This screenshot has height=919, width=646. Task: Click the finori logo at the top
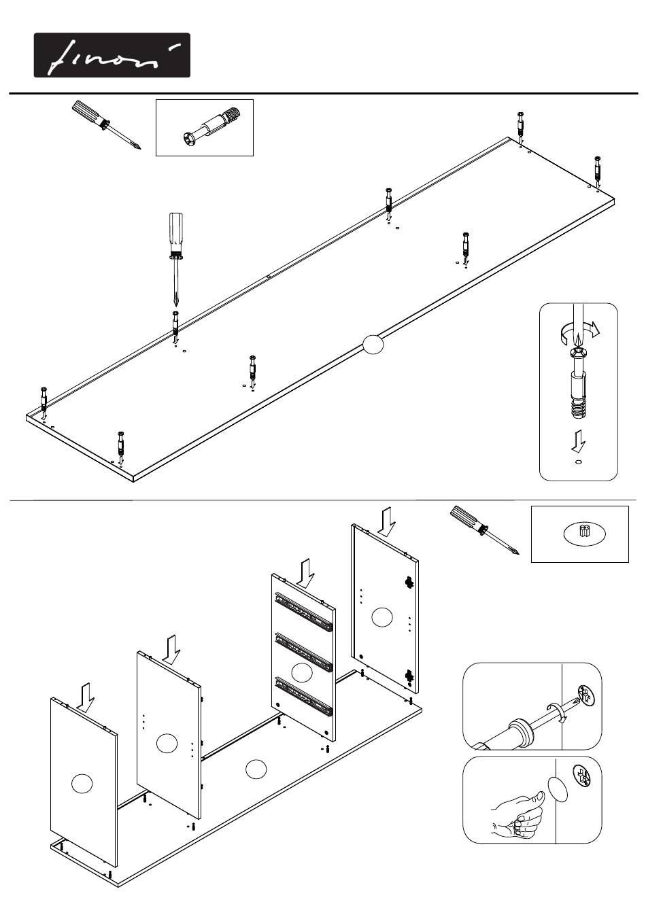pyautogui.click(x=112, y=55)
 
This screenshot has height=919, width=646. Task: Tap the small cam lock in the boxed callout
pyautogui.click(x=582, y=533)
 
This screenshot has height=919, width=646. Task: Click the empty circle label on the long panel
pyautogui.click(x=373, y=345)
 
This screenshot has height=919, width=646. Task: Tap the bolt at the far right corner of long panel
pyautogui.click(x=597, y=170)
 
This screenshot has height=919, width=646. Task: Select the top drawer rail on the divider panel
pyautogui.click(x=305, y=610)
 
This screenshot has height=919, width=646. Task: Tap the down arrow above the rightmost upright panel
pyautogui.click(x=386, y=521)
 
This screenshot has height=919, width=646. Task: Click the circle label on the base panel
pyautogui.click(x=255, y=769)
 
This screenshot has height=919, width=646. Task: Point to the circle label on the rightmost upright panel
pyautogui.click(x=382, y=617)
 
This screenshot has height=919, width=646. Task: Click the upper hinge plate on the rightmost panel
pyautogui.click(x=409, y=582)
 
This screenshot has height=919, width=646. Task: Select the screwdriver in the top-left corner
pyautogui.click(x=106, y=124)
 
